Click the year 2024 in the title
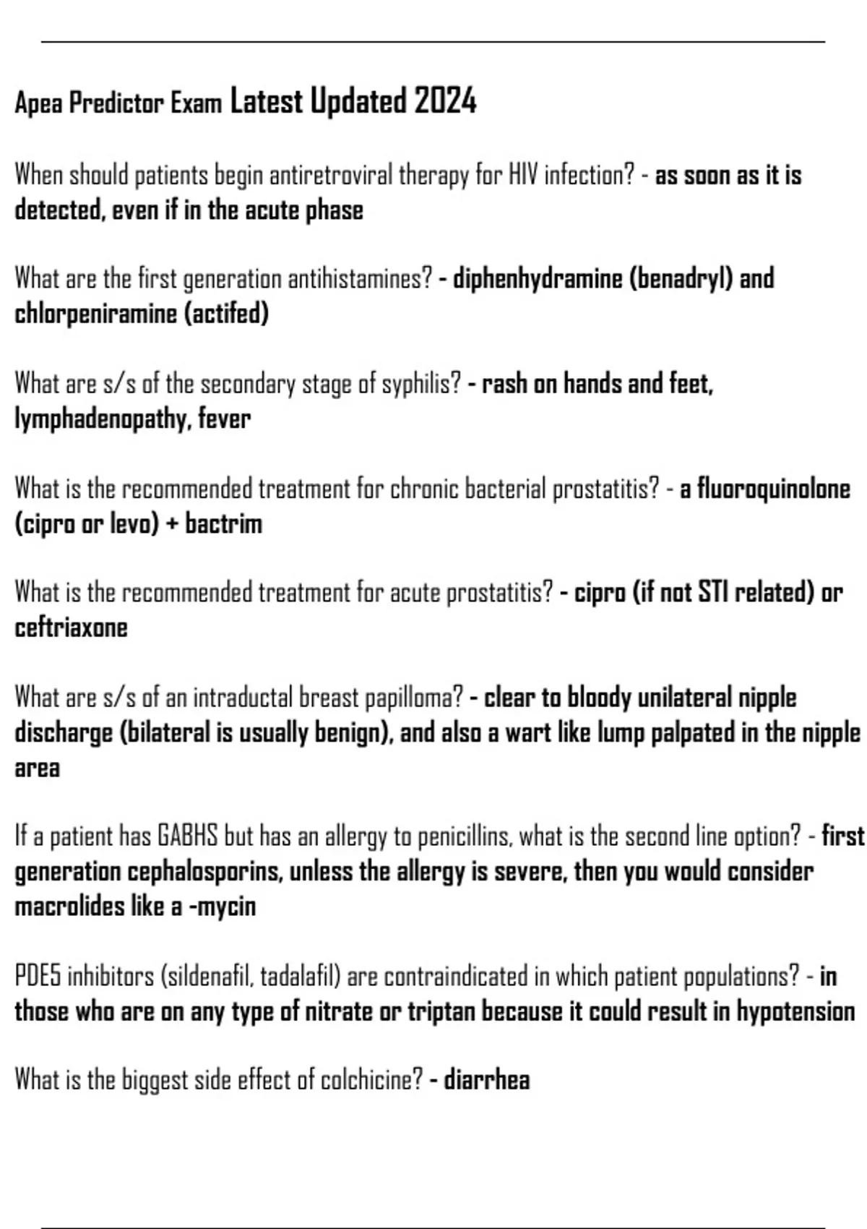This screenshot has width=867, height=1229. click(445, 101)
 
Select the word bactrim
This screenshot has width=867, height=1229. click(223, 524)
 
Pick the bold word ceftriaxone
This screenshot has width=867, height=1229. click(71, 628)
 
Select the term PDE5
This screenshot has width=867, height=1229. click(38, 977)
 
